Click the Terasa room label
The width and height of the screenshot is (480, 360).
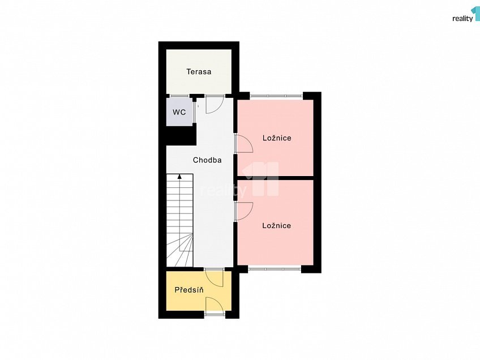click(x=199, y=72)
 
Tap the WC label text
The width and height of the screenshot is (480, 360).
click(x=179, y=112)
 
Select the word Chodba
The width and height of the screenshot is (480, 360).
click(x=207, y=160)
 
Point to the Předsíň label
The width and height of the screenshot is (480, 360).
click(x=189, y=290)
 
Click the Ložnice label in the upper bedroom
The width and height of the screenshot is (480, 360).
click(x=277, y=138)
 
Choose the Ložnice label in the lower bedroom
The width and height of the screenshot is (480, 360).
click(x=277, y=225)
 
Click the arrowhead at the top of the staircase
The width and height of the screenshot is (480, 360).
click(x=179, y=177)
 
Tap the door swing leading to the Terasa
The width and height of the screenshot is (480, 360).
click(x=214, y=104)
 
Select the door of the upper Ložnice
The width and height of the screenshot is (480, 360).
click(x=243, y=144)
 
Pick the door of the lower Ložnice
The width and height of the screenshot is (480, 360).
click(x=243, y=211)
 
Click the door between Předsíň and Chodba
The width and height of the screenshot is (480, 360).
click(x=214, y=277)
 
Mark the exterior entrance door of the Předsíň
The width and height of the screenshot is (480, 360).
click(x=215, y=306)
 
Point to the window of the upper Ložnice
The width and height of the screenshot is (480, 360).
click(x=276, y=96)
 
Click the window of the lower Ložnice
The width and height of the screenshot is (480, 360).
click(x=275, y=269)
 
